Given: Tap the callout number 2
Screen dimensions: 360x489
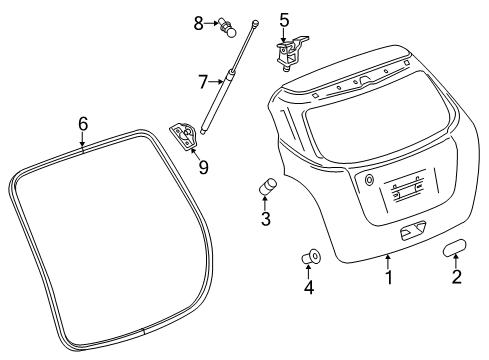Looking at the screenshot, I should tap(457, 277).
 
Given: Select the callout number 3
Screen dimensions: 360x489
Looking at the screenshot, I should tap(266, 219).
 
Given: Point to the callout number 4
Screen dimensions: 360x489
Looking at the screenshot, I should tap(309, 289).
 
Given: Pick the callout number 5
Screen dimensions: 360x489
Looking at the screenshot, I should tap(284, 19).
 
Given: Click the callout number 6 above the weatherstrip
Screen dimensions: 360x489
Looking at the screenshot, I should tap(83, 123).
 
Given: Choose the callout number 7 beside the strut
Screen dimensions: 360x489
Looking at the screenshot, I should tap(202, 81).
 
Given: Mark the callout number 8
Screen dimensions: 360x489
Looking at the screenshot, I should tap(199, 22).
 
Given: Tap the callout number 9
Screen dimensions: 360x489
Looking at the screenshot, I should tap(203, 167).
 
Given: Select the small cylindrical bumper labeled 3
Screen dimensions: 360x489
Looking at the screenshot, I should tap(268, 186).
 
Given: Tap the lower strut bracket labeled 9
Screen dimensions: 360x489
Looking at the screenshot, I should tap(185, 135).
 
